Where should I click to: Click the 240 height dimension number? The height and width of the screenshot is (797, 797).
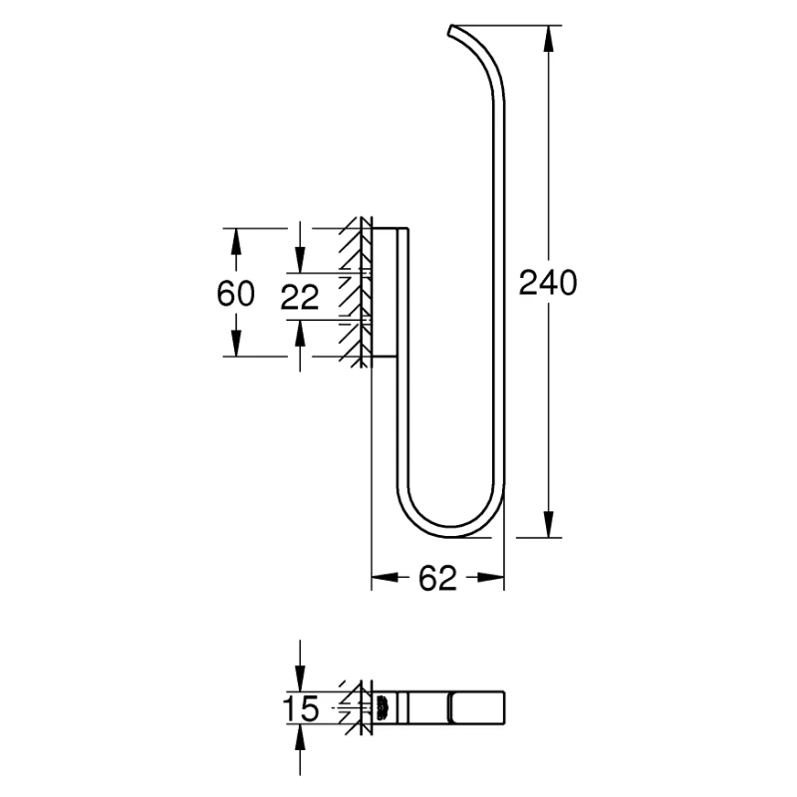point(548,283)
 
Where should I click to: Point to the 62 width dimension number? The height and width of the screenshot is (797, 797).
point(437,578)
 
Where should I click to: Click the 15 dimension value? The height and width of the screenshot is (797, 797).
point(301,709)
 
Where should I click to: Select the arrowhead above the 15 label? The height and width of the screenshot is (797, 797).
point(300,679)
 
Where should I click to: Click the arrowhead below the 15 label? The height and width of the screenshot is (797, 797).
point(300,738)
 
